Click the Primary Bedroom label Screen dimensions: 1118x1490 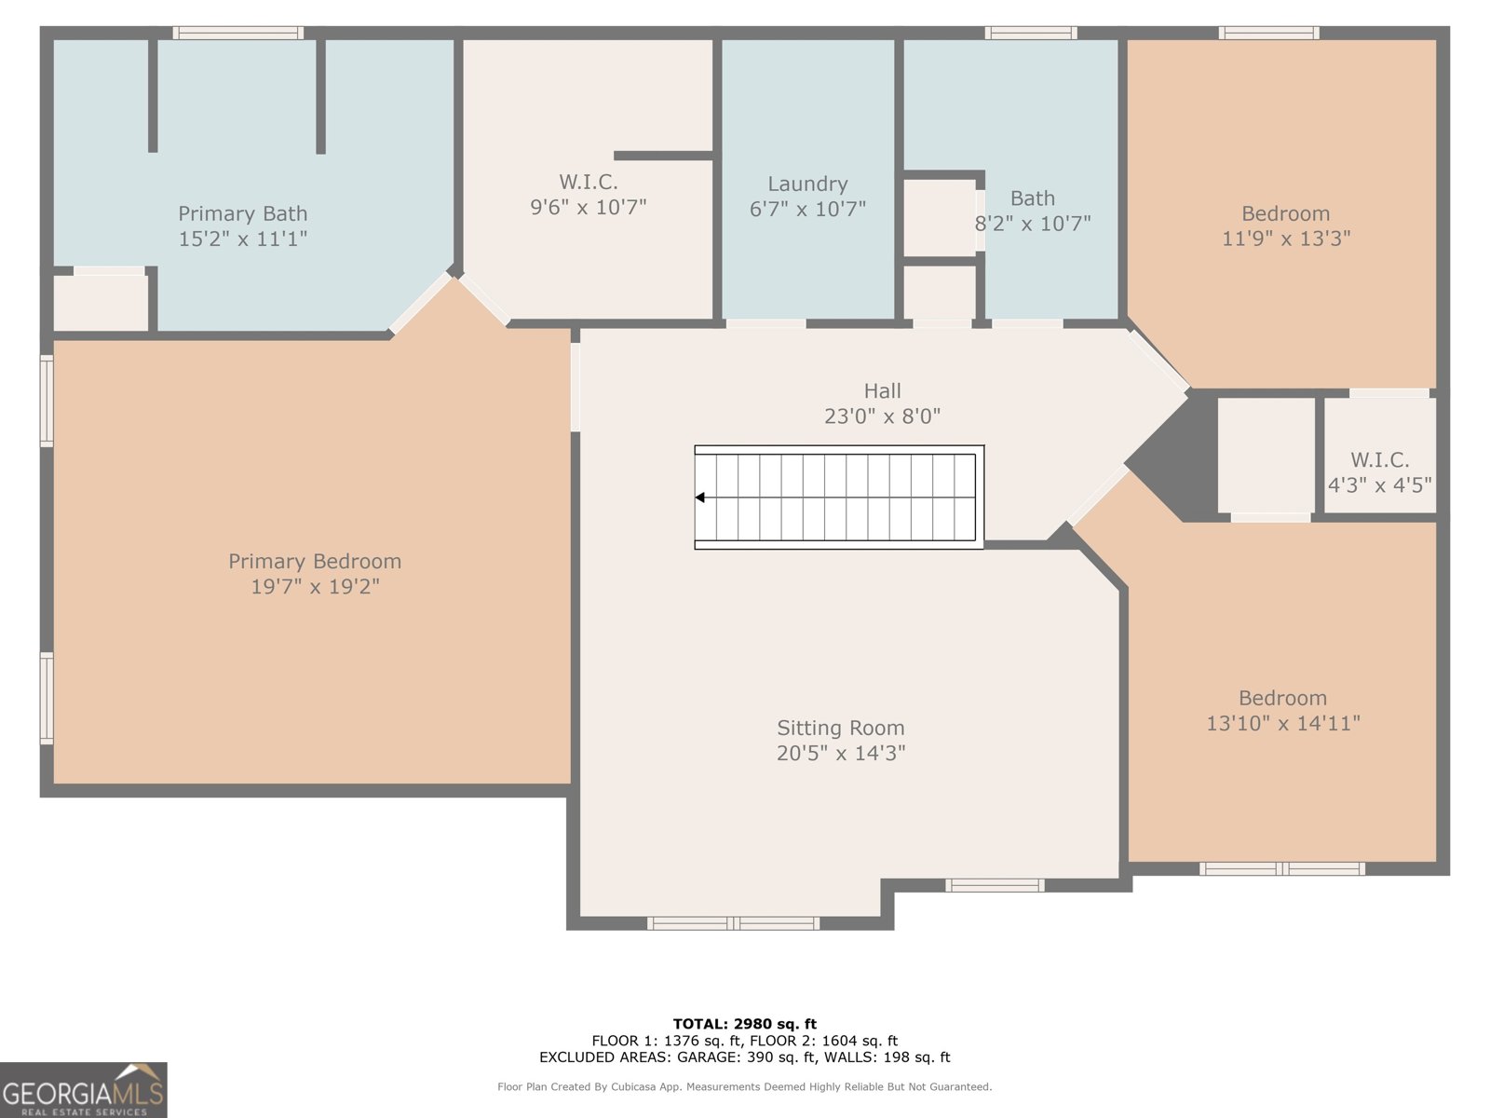(315, 562)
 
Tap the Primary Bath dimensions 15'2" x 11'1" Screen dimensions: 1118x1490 (242, 239)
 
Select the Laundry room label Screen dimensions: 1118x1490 (807, 184)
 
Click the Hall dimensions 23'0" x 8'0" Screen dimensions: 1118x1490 (882, 416)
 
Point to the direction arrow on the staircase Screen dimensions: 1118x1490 (700, 498)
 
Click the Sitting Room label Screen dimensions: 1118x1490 (841, 729)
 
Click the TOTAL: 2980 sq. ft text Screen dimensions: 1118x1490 (744, 1024)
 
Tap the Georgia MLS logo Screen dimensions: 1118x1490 (84, 1090)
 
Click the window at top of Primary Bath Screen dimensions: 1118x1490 (238, 34)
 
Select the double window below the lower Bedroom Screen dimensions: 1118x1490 (1282, 868)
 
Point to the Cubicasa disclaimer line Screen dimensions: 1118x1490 (744, 1087)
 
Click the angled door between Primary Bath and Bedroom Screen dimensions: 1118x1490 (419, 303)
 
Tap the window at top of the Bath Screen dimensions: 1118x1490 (1031, 34)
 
